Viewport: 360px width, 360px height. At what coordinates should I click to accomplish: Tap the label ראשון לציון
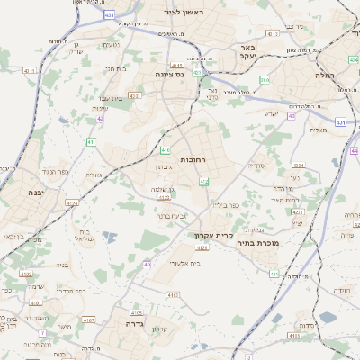pyautogui.click(x=184, y=13)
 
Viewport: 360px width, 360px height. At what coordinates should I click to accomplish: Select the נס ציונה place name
pyautogui.click(x=169, y=75)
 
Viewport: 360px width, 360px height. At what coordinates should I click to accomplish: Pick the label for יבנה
pyautogui.click(x=35, y=193)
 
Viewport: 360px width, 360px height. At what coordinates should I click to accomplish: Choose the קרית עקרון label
pyautogui.click(x=212, y=236)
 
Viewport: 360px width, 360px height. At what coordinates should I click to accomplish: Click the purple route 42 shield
pyautogui.click(x=100, y=118)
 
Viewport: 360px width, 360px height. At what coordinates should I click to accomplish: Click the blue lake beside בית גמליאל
pyautogui.click(x=110, y=238)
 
